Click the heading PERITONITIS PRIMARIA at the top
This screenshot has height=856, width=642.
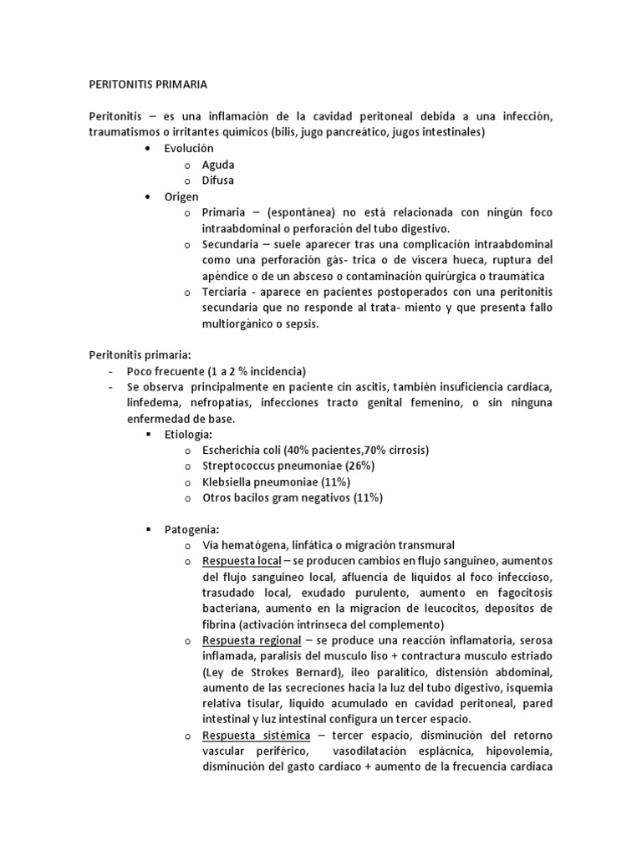148,84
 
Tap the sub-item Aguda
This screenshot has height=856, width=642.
218,165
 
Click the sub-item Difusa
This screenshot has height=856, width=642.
218,181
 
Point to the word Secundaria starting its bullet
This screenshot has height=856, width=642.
230,244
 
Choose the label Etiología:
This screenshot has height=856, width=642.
189,435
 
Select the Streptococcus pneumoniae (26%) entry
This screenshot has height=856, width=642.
288,466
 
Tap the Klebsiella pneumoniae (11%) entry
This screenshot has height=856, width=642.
276,481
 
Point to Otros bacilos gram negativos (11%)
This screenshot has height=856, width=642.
292,497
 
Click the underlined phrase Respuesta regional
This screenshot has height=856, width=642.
248,640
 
